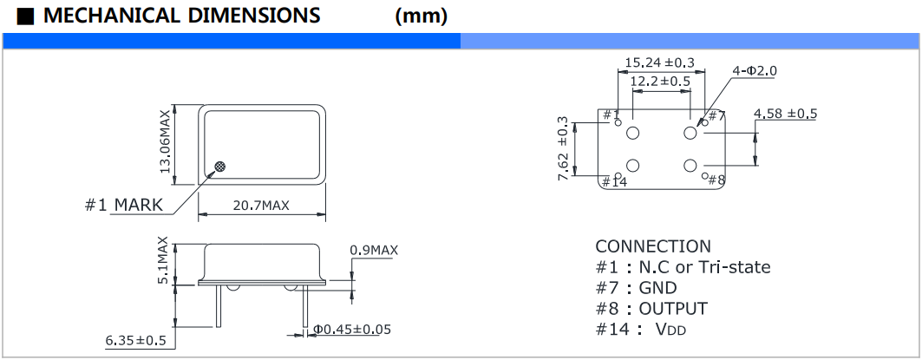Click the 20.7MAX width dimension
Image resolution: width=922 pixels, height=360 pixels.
[260, 205]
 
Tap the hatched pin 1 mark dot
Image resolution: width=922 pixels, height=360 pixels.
[221, 165]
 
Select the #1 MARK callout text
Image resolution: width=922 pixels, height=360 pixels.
[125, 206]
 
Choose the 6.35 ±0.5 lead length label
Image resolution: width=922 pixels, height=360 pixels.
[136, 340]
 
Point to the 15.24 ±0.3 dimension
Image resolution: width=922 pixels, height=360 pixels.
[660, 62]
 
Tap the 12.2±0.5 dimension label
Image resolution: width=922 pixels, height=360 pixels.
[660, 81]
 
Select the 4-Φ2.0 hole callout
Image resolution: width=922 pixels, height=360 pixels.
[755, 70]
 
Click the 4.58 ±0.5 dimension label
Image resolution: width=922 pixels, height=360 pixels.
[786, 114]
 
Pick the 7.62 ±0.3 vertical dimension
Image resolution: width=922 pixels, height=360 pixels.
[563, 147]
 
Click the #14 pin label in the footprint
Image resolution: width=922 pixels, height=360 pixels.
[613, 181]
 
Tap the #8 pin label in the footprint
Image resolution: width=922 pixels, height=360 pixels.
[716, 180]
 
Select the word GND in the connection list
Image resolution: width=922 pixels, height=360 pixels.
[657, 288]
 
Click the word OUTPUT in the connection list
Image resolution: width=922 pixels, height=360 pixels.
[673, 309]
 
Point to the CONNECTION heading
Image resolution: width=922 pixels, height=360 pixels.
[652, 246]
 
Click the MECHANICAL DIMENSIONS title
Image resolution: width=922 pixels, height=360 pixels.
[180, 15]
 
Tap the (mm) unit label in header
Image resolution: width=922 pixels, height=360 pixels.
[421, 16]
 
